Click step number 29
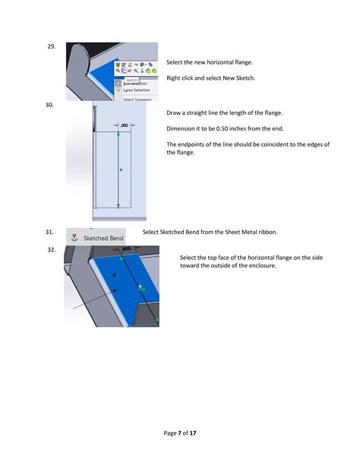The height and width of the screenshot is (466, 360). (52, 47)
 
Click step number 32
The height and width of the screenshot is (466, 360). (52, 249)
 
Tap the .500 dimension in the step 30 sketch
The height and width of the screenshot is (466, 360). (123, 125)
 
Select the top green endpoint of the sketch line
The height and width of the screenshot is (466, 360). (119, 135)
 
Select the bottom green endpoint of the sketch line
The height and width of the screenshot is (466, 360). (119, 205)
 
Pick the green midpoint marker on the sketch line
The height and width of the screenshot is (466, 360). (120, 170)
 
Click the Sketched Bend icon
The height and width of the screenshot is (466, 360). (74, 237)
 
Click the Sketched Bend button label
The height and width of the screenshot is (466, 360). (103, 238)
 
